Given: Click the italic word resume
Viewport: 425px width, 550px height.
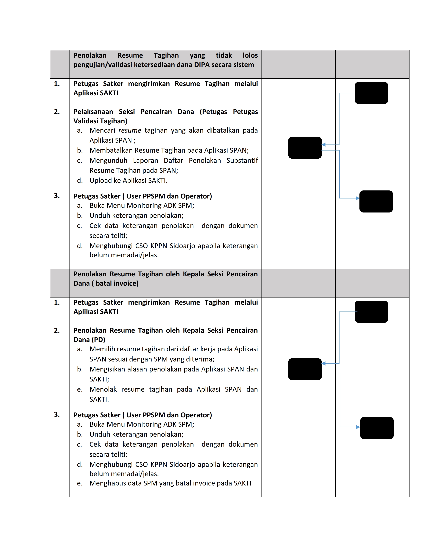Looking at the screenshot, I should pos(130,130).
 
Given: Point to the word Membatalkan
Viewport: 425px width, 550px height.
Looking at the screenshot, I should pos(111,150).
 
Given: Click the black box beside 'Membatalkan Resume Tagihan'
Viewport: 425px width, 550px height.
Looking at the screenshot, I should pos(305,147).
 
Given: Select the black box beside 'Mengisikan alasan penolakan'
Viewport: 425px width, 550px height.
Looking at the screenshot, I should pos(305,369).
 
